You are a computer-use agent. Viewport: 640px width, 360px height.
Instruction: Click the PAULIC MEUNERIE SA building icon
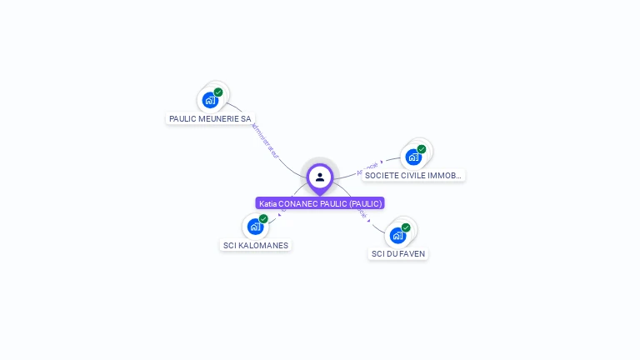pos(210,101)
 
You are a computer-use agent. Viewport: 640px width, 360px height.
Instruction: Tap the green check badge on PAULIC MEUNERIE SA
pos(218,92)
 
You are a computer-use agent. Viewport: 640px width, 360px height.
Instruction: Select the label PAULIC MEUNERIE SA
pos(210,119)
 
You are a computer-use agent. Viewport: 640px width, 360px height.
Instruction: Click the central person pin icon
pos(320,177)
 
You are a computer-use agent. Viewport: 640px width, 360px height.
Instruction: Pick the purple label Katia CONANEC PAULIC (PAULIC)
pos(320,203)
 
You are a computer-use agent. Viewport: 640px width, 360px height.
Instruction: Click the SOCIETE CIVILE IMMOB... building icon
pos(413,157)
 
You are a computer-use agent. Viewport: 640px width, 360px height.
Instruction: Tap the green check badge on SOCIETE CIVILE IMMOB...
pos(422,149)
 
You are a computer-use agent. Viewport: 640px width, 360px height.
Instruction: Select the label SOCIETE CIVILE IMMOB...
pos(413,176)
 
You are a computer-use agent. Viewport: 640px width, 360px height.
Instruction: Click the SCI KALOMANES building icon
pos(255,227)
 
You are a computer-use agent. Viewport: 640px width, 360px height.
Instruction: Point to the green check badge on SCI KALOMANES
pos(263,219)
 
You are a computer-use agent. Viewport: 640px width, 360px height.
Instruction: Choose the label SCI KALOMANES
pos(256,246)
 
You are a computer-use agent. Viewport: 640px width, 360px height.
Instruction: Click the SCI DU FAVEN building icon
pos(397,235)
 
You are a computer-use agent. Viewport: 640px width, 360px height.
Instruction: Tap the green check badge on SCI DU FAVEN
pos(406,227)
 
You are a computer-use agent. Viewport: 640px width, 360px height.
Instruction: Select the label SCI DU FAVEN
pos(398,253)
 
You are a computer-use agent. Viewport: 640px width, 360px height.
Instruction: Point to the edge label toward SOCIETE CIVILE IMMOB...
pos(367,168)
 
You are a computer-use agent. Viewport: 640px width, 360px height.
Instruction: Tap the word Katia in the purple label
pos(267,203)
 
